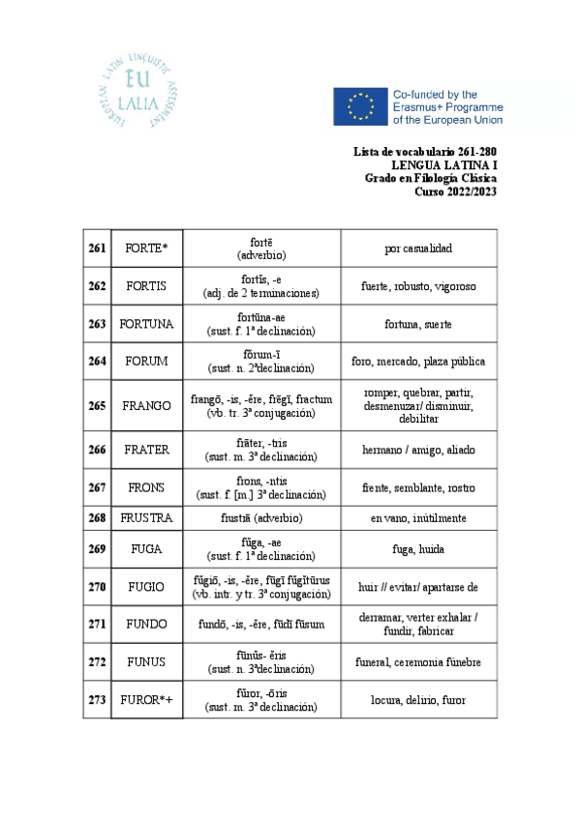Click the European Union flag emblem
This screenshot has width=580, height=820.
(360, 106)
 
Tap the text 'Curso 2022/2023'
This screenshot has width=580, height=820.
(455, 190)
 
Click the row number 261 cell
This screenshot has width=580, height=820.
(97, 249)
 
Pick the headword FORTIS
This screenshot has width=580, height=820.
(146, 286)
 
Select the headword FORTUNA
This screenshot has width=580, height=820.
(146, 324)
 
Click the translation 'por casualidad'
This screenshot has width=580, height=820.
(418, 249)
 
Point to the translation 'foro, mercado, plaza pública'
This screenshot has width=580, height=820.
(418, 362)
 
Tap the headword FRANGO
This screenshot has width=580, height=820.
(146, 406)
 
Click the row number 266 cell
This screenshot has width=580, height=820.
(97, 450)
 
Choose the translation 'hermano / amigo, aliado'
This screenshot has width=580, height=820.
(418, 450)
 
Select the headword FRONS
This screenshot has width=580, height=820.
(146, 487)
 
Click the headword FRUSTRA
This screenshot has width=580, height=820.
(146, 518)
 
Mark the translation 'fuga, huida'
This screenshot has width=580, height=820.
(418, 549)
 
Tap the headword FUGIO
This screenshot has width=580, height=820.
(146, 587)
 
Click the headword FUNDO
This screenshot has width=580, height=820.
(146, 624)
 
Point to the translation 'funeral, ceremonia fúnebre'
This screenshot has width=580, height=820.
(418, 662)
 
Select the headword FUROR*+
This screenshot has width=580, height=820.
(146, 700)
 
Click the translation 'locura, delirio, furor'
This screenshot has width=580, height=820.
(418, 700)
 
